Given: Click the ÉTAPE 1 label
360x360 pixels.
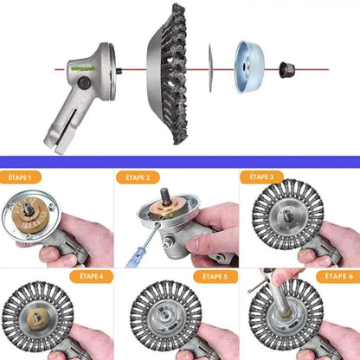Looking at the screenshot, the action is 20,177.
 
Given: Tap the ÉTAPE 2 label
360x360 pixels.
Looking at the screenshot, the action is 138,177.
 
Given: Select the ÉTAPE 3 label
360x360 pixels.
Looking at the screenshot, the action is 261,177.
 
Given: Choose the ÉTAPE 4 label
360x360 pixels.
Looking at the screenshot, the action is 91,276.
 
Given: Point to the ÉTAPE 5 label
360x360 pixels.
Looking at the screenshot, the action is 215,277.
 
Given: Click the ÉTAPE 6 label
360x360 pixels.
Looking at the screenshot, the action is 338,276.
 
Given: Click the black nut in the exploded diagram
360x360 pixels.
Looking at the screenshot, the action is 287,70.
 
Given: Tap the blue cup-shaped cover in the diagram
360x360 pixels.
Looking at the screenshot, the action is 250,67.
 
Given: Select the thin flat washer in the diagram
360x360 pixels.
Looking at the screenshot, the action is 210,68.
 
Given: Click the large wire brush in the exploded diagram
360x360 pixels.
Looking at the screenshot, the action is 167,74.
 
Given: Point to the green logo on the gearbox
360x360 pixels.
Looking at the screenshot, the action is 84,68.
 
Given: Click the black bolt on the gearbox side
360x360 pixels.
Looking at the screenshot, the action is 85,83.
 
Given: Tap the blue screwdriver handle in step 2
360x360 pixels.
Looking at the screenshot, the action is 135,257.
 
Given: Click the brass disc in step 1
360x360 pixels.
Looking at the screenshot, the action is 29,215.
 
